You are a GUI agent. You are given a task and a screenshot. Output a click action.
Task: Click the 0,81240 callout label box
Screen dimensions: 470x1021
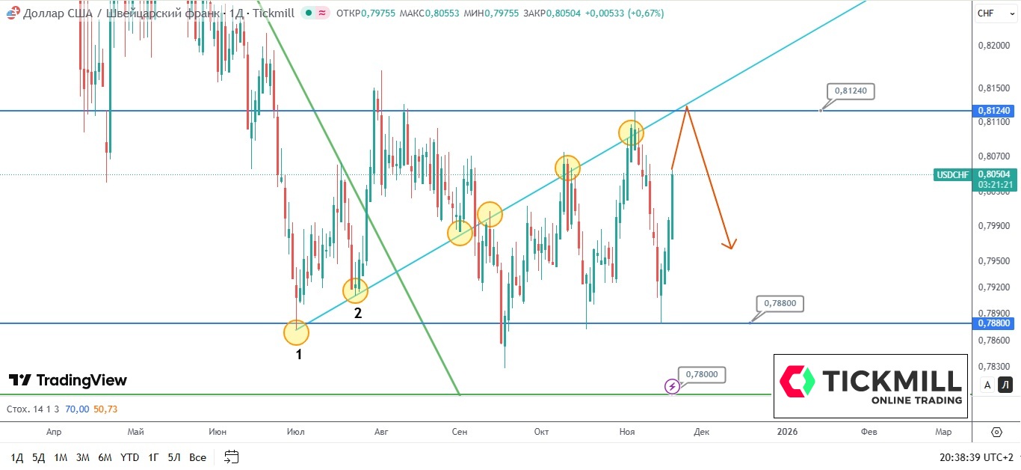(x=851, y=91)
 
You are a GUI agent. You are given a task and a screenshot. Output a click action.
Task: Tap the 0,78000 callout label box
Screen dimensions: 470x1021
(x=702, y=374)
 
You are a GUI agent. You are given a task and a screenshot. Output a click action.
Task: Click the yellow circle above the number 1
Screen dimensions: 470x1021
(x=296, y=332)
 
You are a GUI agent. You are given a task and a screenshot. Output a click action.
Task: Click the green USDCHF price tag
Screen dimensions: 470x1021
(x=951, y=175)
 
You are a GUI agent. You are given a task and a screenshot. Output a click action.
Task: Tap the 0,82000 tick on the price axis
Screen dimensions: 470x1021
(x=993, y=46)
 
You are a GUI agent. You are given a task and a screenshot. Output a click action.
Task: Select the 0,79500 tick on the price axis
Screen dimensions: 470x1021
(x=993, y=261)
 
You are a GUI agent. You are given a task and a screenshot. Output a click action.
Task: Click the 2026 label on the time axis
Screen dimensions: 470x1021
(x=787, y=432)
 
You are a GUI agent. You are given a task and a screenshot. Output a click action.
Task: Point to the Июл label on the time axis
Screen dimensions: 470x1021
(x=295, y=432)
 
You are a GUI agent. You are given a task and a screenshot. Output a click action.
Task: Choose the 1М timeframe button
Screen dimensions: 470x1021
(x=61, y=457)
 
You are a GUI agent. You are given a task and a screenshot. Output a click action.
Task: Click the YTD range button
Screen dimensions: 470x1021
(x=129, y=457)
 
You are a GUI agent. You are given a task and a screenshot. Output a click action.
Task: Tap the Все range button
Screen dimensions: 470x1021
(x=197, y=457)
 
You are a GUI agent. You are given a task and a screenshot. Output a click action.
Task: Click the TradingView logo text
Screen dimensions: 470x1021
(x=81, y=381)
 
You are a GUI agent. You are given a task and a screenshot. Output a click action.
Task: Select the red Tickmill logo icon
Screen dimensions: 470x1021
(x=797, y=381)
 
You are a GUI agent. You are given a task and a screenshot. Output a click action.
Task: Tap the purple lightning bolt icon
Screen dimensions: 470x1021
(x=672, y=386)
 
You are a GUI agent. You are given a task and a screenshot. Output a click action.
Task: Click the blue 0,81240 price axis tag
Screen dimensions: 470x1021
(x=993, y=111)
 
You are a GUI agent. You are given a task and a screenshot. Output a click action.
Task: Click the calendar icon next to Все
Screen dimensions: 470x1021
(x=232, y=457)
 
